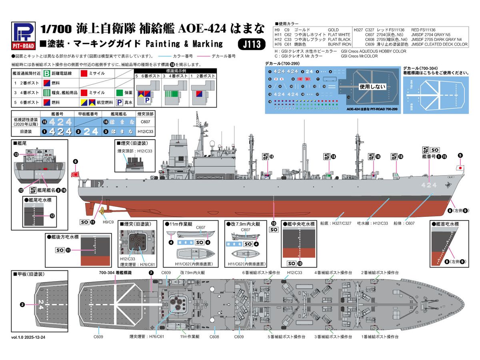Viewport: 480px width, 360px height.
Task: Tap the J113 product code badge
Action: (253, 44)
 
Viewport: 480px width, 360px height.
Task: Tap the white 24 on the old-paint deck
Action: (40, 302)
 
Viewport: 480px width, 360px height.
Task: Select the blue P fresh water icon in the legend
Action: (119, 102)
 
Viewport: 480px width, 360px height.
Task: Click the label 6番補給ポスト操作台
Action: (261, 272)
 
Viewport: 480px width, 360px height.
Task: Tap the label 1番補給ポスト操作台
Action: (380, 337)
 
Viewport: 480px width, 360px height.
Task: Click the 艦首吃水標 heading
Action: (446, 224)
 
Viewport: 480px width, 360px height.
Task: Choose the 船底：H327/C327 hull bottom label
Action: (334, 223)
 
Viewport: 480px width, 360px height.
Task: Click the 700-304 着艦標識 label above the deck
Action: (115, 272)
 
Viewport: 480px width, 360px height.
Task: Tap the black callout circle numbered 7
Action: (151, 272)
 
